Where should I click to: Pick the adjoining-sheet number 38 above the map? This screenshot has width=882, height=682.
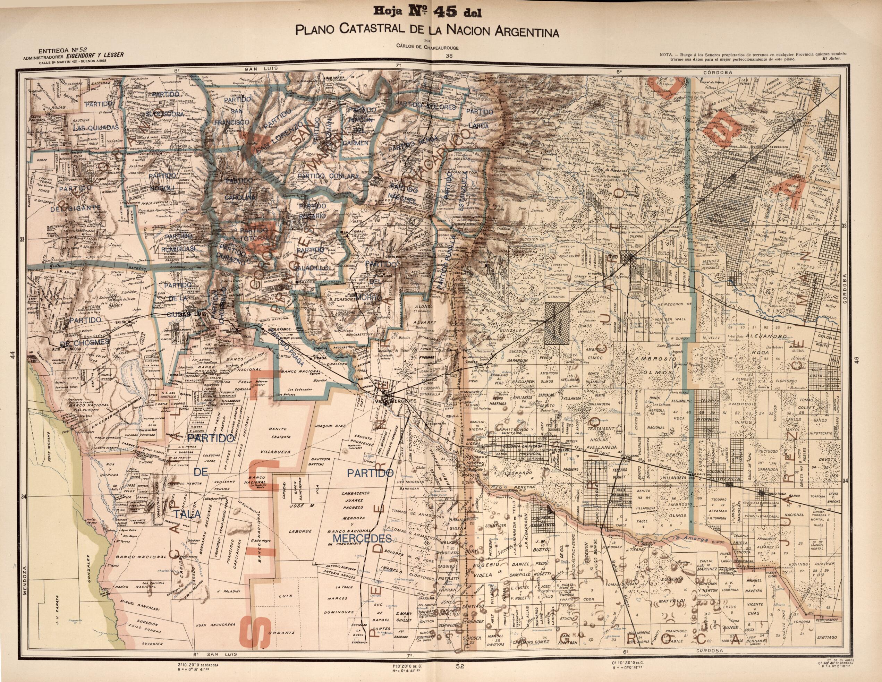tap(449, 57)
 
